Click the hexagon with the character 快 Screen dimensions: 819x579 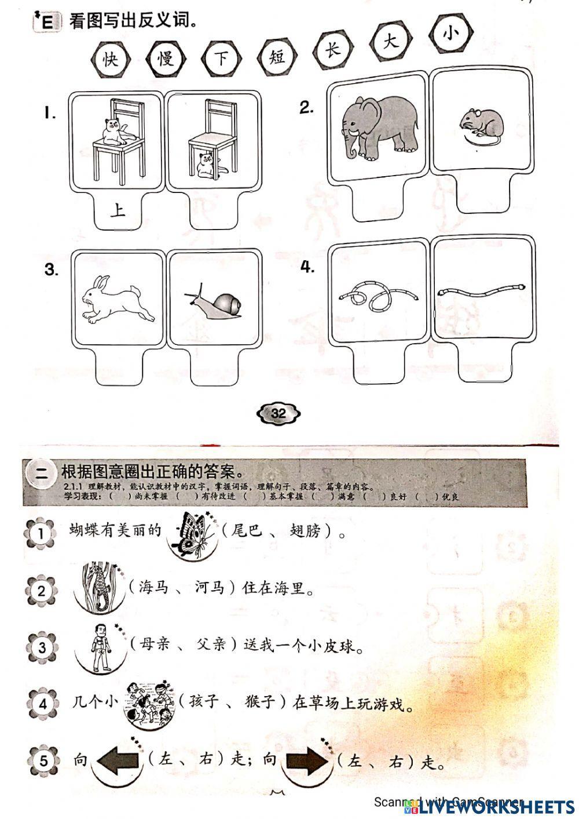110,59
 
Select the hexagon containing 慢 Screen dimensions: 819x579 166,58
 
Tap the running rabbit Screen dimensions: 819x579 118,299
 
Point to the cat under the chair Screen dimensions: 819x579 206,164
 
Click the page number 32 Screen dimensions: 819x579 278,413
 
